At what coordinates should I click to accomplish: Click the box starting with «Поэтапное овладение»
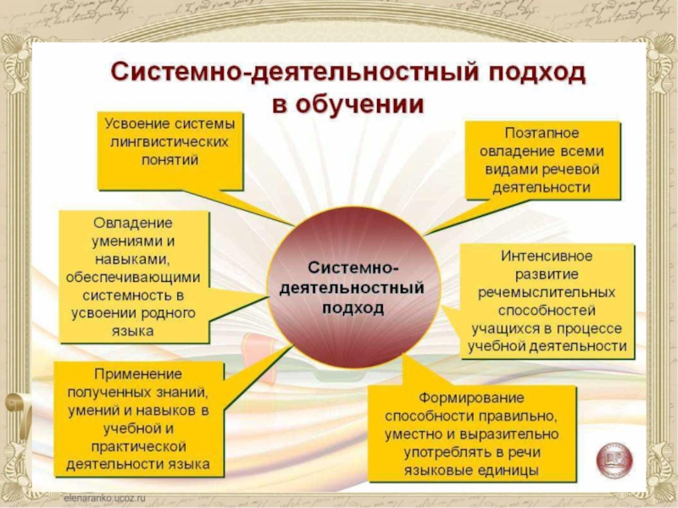542,160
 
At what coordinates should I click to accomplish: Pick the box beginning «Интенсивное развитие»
547,301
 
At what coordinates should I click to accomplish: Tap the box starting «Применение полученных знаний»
139,418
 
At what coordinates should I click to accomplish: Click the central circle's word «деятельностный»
352,288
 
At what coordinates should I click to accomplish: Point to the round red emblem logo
614,459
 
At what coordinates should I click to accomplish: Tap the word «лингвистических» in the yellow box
170,141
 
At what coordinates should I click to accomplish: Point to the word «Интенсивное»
547,255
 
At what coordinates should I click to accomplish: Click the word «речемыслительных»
547,292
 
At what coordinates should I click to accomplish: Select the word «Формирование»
472,397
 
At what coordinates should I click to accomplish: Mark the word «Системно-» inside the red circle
352,268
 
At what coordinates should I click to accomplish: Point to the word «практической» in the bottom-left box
139,446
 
